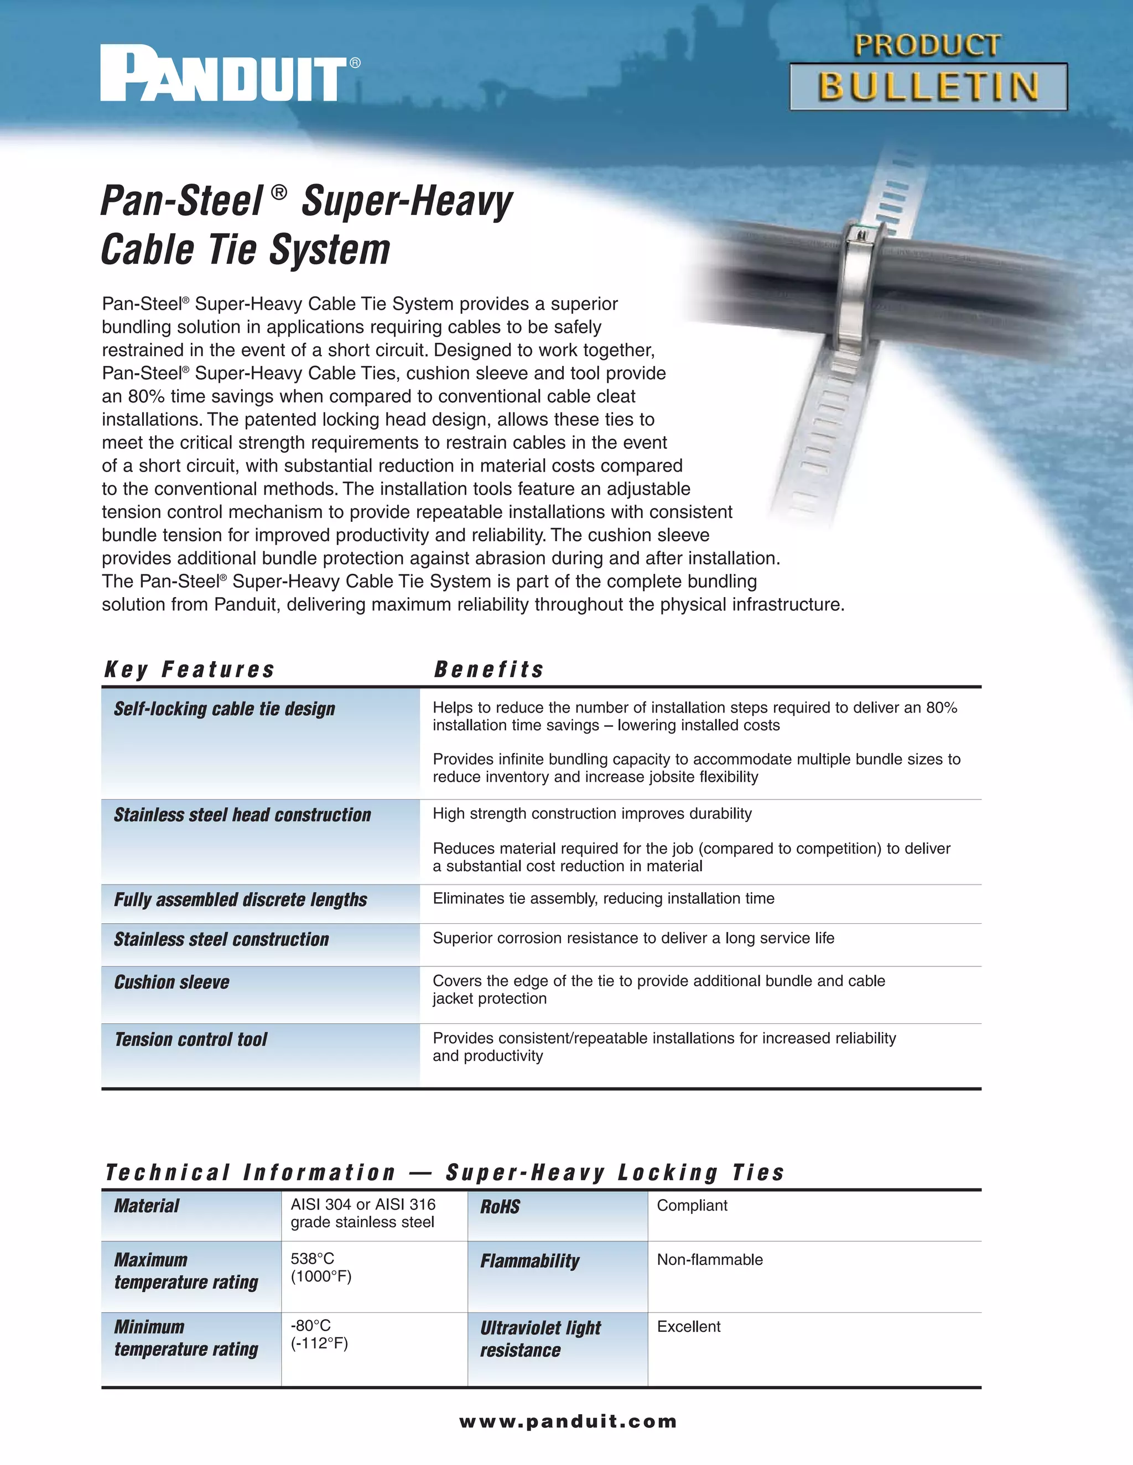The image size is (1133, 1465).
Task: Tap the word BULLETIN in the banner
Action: (928, 87)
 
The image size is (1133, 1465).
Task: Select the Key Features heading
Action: (189, 669)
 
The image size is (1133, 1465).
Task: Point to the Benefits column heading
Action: (488, 669)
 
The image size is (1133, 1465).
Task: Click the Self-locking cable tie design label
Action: (224, 709)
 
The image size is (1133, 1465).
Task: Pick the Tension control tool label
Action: (191, 1039)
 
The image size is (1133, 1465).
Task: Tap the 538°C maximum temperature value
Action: (312, 1258)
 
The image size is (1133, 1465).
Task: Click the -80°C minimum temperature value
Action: (311, 1326)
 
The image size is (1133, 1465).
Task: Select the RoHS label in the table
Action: (500, 1207)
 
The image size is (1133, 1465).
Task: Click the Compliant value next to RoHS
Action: (692, 1205)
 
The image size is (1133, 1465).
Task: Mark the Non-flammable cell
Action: (709, 1260)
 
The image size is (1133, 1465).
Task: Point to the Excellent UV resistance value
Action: (689, 1326)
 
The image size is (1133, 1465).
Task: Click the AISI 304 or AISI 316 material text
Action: (363, 1205)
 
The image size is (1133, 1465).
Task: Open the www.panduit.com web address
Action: (568, 1421)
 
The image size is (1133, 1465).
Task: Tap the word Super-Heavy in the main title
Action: (407, 201)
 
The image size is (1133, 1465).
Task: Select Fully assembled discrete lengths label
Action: (240, 899)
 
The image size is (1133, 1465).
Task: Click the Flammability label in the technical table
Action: (529, 1261)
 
